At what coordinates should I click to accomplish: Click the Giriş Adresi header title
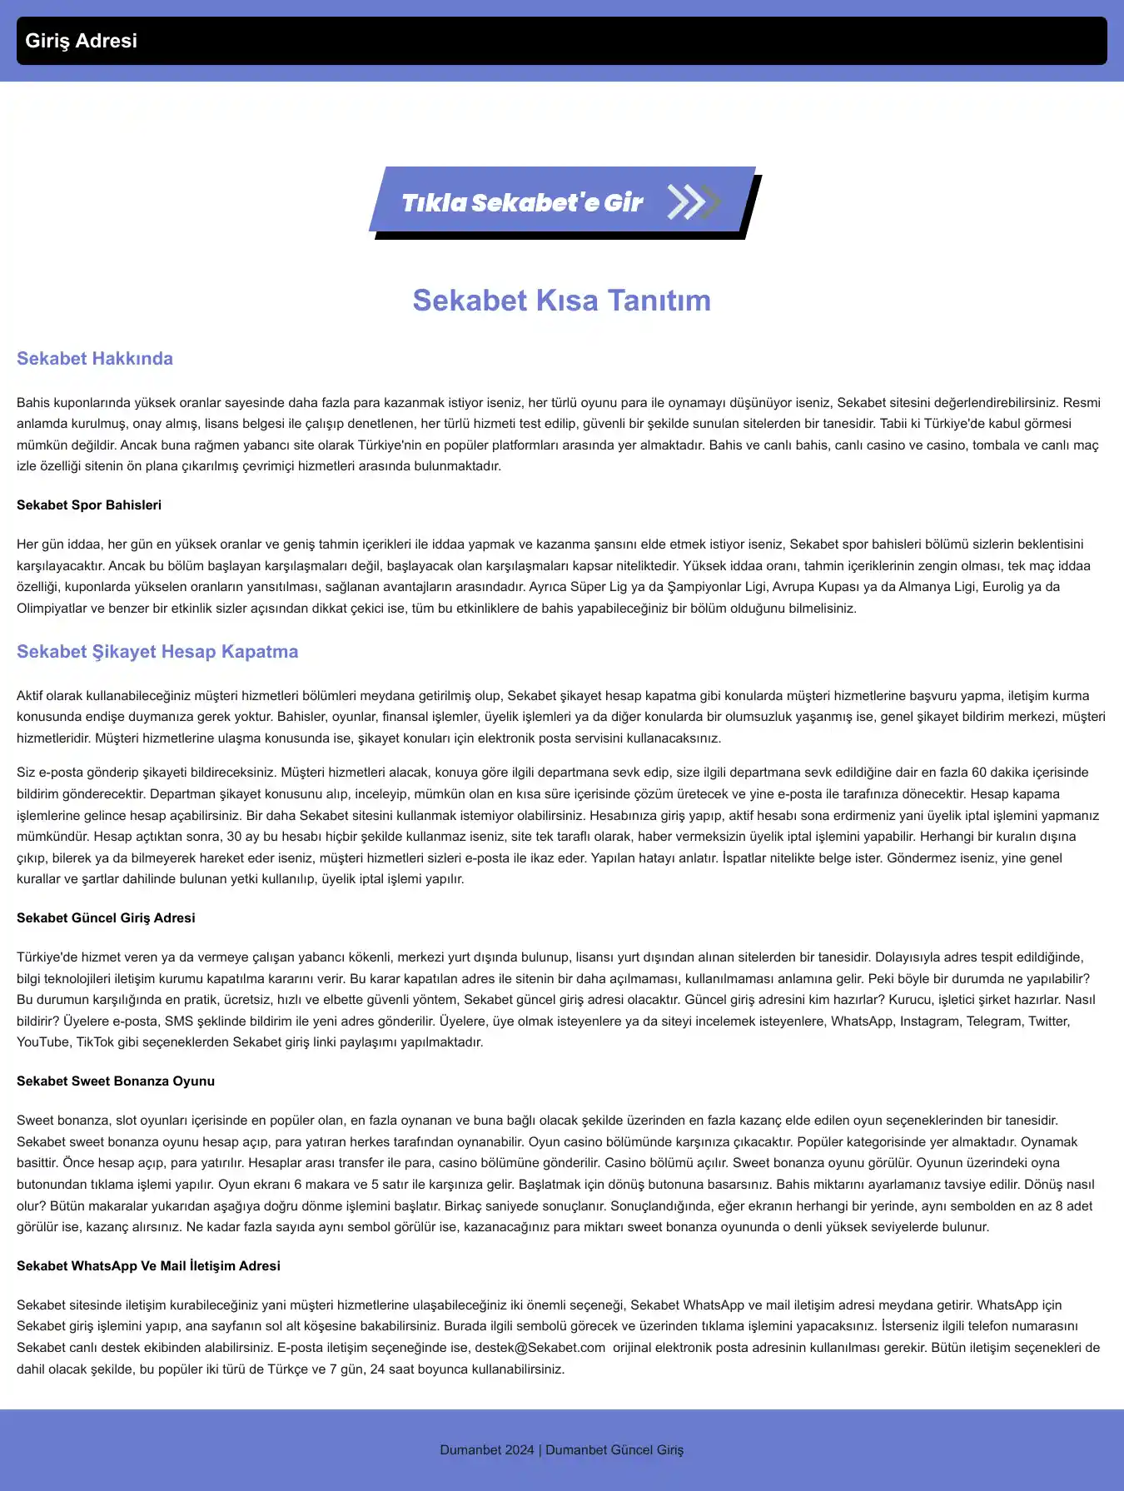coord(81,41)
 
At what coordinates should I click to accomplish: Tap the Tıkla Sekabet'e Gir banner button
coord(522,202)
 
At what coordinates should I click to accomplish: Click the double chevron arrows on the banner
coord(693,202)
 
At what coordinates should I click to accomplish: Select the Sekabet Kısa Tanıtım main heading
coord(562,301)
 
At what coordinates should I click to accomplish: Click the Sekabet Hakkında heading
coord(95,359)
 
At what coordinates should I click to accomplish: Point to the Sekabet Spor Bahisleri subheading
coord(89,505)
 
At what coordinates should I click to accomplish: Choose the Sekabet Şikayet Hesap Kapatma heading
coord(157,652)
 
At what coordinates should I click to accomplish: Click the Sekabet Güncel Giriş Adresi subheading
coord(106,918)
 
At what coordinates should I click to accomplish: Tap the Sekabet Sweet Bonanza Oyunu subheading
coord(116,1081)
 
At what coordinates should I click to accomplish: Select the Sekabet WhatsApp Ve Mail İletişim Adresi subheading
coord(148,1266)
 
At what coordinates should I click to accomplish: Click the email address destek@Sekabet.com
coord(540,1348)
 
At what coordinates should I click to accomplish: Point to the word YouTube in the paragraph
coord(43,1042)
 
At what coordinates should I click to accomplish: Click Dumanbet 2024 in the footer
coord(487,1450)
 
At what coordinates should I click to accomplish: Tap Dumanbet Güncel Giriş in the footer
coord(614,1450)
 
